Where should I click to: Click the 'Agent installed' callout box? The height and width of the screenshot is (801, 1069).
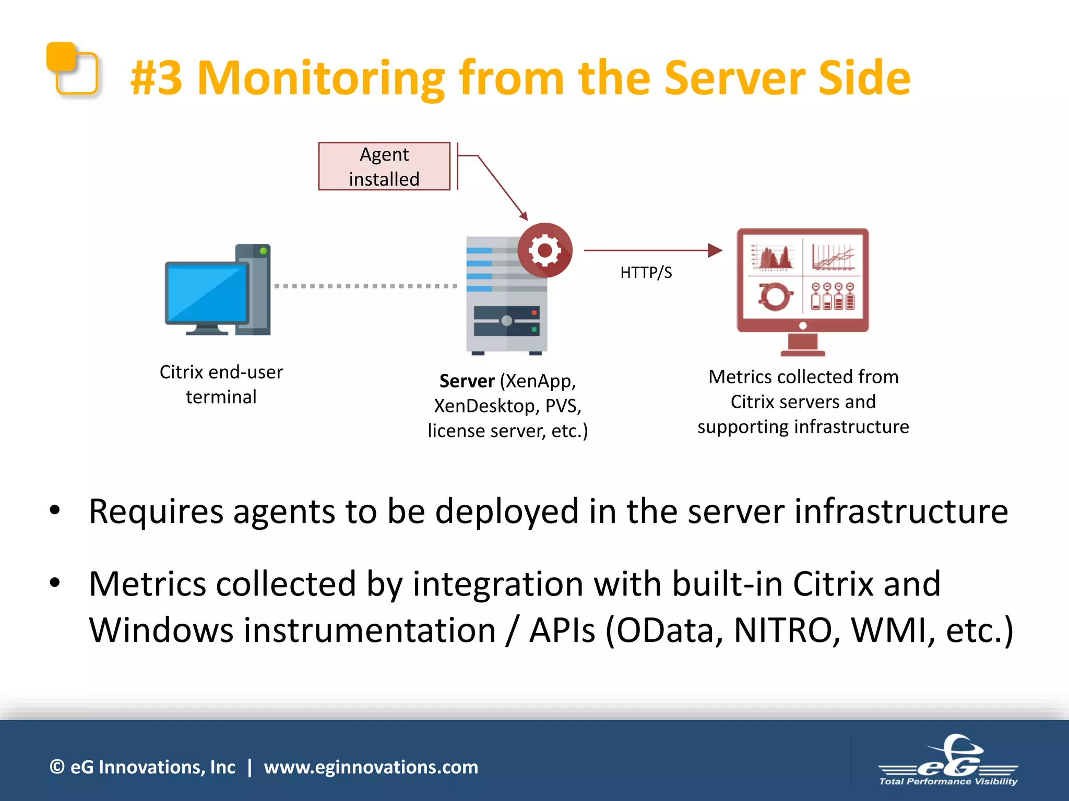[x=384, y=166]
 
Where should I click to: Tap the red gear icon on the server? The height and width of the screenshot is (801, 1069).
[x=544, y=251]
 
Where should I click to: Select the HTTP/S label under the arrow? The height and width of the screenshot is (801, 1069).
[x=646, y=272]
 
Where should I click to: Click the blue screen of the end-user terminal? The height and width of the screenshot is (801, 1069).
[x=207, y=294]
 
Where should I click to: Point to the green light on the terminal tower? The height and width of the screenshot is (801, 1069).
[x=264, y=251]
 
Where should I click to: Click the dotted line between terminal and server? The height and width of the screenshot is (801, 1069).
[x=365, y=286]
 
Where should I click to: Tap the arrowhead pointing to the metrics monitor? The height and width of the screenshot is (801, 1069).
[x=715, y=250]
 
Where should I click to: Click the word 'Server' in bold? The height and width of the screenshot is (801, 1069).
[x=467, y=381]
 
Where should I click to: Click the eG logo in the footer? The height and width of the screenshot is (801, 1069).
[x=948, y=761]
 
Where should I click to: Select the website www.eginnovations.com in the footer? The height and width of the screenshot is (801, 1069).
[x=371, y=767]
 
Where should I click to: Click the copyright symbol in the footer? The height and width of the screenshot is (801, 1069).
[x=57, y=767]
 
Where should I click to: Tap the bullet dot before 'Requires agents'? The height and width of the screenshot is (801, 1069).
[x=55, y=511]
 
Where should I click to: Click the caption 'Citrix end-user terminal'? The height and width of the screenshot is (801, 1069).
[x=221, y=384]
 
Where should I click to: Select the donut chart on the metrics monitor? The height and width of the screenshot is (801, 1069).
[x=775, y=296]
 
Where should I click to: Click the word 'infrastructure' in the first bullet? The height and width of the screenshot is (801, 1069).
[x=901, y=511]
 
